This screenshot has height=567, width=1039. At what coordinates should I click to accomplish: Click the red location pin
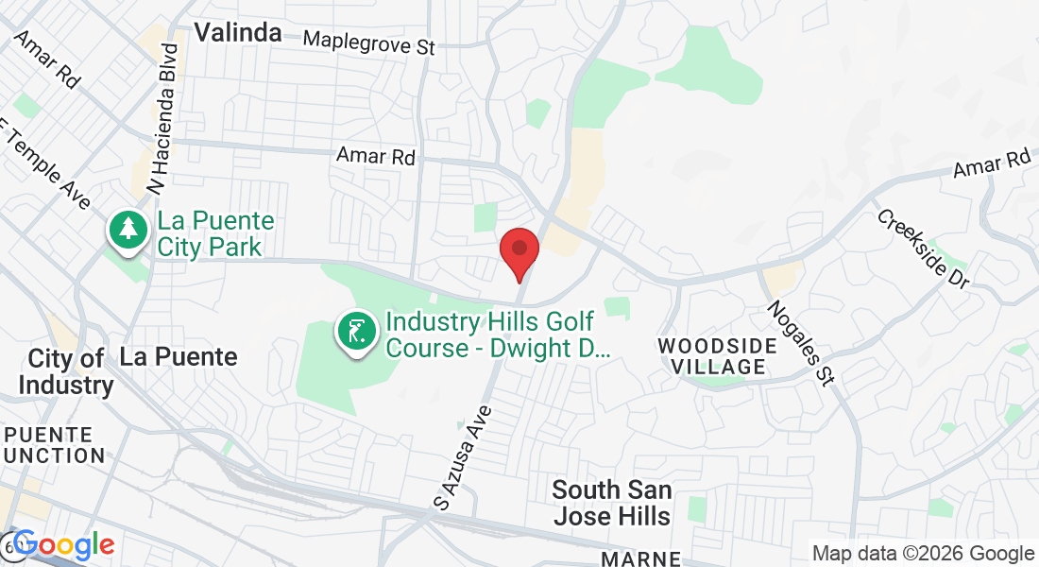tap(519, 249)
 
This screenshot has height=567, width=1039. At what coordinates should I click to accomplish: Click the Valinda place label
tap(238, 32)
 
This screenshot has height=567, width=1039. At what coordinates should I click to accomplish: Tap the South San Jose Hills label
tap(612, 503)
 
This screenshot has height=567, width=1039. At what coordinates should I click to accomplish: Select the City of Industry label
tap(65, 371)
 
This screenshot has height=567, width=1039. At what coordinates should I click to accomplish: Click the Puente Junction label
tap(54, 445)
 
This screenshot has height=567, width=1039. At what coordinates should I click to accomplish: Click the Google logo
tap(63, 546)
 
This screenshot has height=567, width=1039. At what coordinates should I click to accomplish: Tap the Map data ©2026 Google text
tap(924, 554)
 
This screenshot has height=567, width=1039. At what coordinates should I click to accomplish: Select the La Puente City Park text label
tap(215, 234)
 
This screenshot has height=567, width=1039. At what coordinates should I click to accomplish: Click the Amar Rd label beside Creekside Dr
tap(991, 163)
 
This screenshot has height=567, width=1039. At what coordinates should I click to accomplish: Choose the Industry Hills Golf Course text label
tap(498, 335)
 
